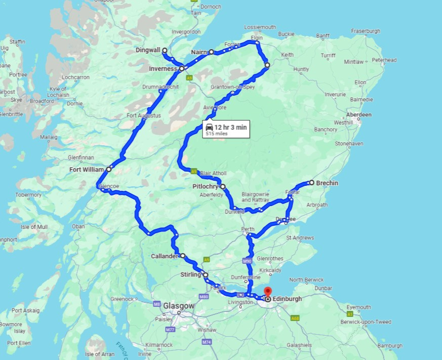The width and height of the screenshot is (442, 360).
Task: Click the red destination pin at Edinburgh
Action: coord(268,292)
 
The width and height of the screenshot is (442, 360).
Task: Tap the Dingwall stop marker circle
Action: coord(165,50)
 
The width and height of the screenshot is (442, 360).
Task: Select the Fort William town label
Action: coord(87,170)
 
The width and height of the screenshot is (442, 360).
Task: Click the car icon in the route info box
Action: coord(209,128)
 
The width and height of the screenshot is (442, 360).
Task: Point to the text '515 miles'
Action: coord(216,134)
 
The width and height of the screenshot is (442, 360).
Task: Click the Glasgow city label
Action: coord(178,306)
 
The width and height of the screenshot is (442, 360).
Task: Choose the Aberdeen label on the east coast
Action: coord(359,115)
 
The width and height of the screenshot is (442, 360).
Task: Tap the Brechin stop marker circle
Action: coord(311,183)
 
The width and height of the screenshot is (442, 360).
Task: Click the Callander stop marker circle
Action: coord(182,256)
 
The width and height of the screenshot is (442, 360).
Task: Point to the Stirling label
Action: coord(191,275)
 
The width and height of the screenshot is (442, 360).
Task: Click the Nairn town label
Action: coord(199,52)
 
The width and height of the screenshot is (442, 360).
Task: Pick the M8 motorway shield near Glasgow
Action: coord(157,304)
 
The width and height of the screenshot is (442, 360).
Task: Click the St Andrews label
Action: coord(300,237)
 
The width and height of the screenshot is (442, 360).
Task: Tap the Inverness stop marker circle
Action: coord(181,68)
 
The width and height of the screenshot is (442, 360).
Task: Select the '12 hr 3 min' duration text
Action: coord(230,127)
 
